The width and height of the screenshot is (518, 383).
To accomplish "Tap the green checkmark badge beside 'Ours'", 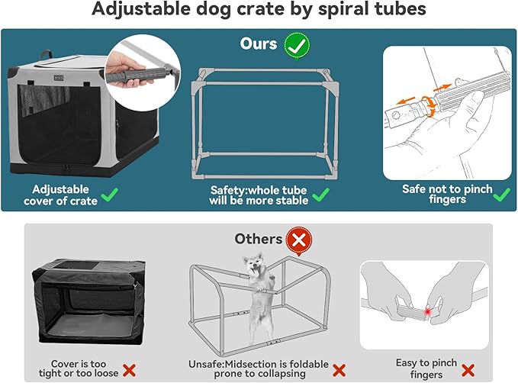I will pyautogui.click(x=297, y=44).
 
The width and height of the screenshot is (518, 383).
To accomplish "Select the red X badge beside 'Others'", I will pyautogui.click(x=298, y=241).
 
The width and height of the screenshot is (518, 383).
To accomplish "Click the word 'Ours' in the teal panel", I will pyautogui.click(x=259, y=43).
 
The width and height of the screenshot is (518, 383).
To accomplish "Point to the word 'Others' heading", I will pyautogui.click(x=258, y=240).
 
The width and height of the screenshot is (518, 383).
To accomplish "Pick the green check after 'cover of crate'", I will pyautogui.click(x=111, y=195).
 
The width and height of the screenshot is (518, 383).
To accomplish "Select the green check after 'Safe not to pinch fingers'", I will pyautogui.click(x=501, y=195).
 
